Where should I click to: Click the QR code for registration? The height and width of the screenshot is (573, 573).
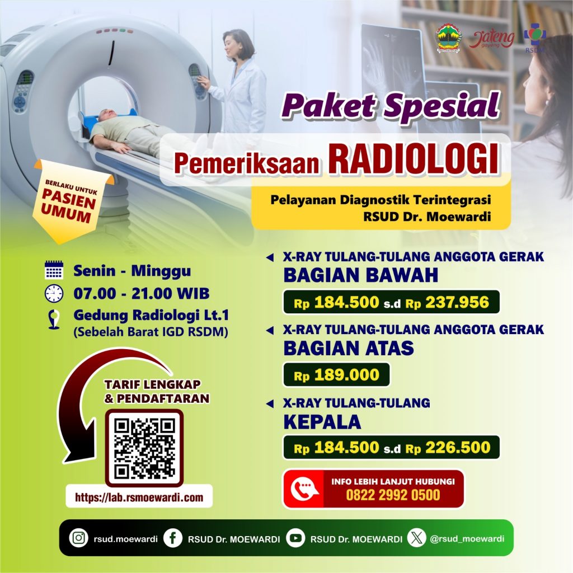coord(144,448)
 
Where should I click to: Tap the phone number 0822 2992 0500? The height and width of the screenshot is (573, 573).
coord(393,495)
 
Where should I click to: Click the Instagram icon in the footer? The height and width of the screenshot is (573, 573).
coord(78,538)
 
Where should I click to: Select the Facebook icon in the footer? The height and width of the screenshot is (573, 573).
coord(172,538)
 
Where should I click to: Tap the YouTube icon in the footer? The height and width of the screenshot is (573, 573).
coord(295,538)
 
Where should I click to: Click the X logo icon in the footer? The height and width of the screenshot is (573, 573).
coord(417,538)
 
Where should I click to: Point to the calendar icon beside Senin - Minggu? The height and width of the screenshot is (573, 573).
coord(54,270)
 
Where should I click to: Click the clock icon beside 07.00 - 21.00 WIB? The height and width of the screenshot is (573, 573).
coord(54,293)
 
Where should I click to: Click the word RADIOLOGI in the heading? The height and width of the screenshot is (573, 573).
coord(414,159)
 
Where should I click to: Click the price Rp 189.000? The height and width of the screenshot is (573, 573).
coord(336,375)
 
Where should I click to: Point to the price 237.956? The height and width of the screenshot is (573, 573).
coord(457,302)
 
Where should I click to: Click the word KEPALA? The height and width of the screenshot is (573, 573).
coord(322,422)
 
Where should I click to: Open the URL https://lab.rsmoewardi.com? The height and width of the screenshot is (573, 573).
coord(139,497)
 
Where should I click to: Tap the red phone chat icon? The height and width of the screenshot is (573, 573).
coord(304,489)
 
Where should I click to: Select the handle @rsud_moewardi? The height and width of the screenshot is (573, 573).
coord(467,539)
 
